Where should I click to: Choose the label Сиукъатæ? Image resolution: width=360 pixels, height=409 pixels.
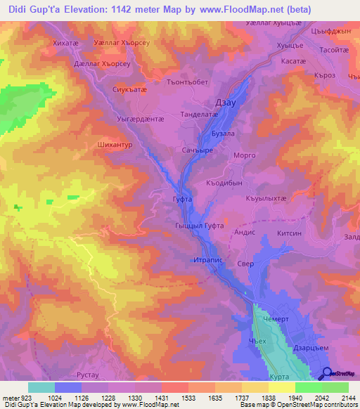[x=129, y=90]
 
